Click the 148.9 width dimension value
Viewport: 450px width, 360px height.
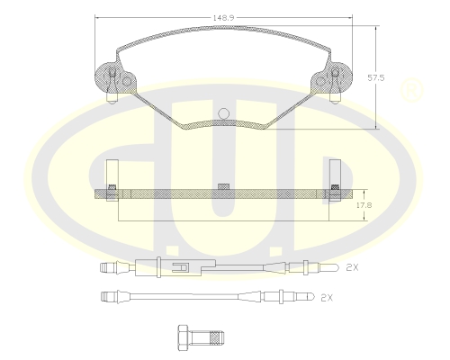pos(226,13)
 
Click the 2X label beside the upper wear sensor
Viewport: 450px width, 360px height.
pos(353,267)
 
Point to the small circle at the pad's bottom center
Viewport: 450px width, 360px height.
pos(224,113)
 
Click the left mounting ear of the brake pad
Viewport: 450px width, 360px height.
pos(113,80)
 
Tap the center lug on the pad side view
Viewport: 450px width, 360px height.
pos(222,186)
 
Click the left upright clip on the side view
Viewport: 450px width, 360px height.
pos(112,173)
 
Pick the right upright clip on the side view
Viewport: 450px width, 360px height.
pos(334,173)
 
